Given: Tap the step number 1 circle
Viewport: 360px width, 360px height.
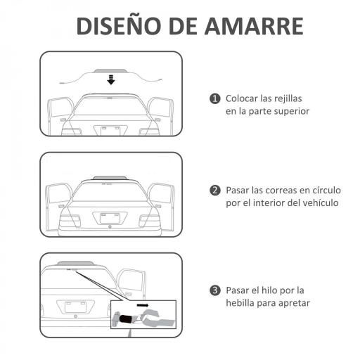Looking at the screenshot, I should (x=215, y=98).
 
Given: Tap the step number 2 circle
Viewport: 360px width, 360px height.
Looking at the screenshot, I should (x=215, y=191).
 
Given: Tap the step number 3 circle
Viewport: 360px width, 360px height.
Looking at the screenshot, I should (x=215, y=290).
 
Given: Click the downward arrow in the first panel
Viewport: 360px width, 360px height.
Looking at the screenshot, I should (x=110, y=80).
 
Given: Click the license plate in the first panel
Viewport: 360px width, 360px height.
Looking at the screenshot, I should (x=110, y=129).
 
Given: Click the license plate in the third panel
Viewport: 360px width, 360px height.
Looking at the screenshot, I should (x=75, y=307).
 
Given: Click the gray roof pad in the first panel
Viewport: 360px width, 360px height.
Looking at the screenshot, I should (x=110, y=72).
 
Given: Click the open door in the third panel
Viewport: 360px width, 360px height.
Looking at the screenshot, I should (x=131, y=282).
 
